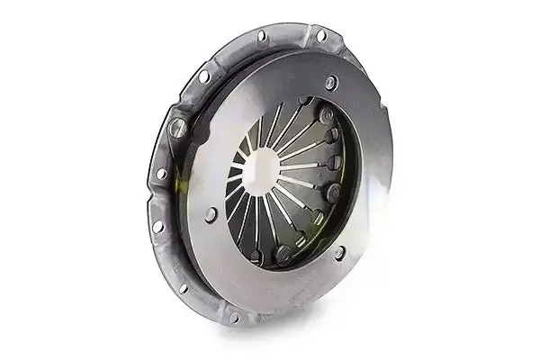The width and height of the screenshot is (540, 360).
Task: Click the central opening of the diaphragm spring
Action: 261,166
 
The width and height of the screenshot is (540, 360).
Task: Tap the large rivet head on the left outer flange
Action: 177,128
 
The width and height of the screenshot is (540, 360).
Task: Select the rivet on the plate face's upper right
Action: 330,83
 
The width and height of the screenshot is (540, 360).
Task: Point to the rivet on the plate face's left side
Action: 211,214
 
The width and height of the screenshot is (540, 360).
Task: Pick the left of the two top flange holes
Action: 261,36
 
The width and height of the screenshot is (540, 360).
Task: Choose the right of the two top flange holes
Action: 320,36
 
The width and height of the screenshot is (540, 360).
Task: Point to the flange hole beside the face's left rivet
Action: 158,226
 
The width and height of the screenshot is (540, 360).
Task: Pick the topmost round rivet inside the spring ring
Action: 326,115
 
